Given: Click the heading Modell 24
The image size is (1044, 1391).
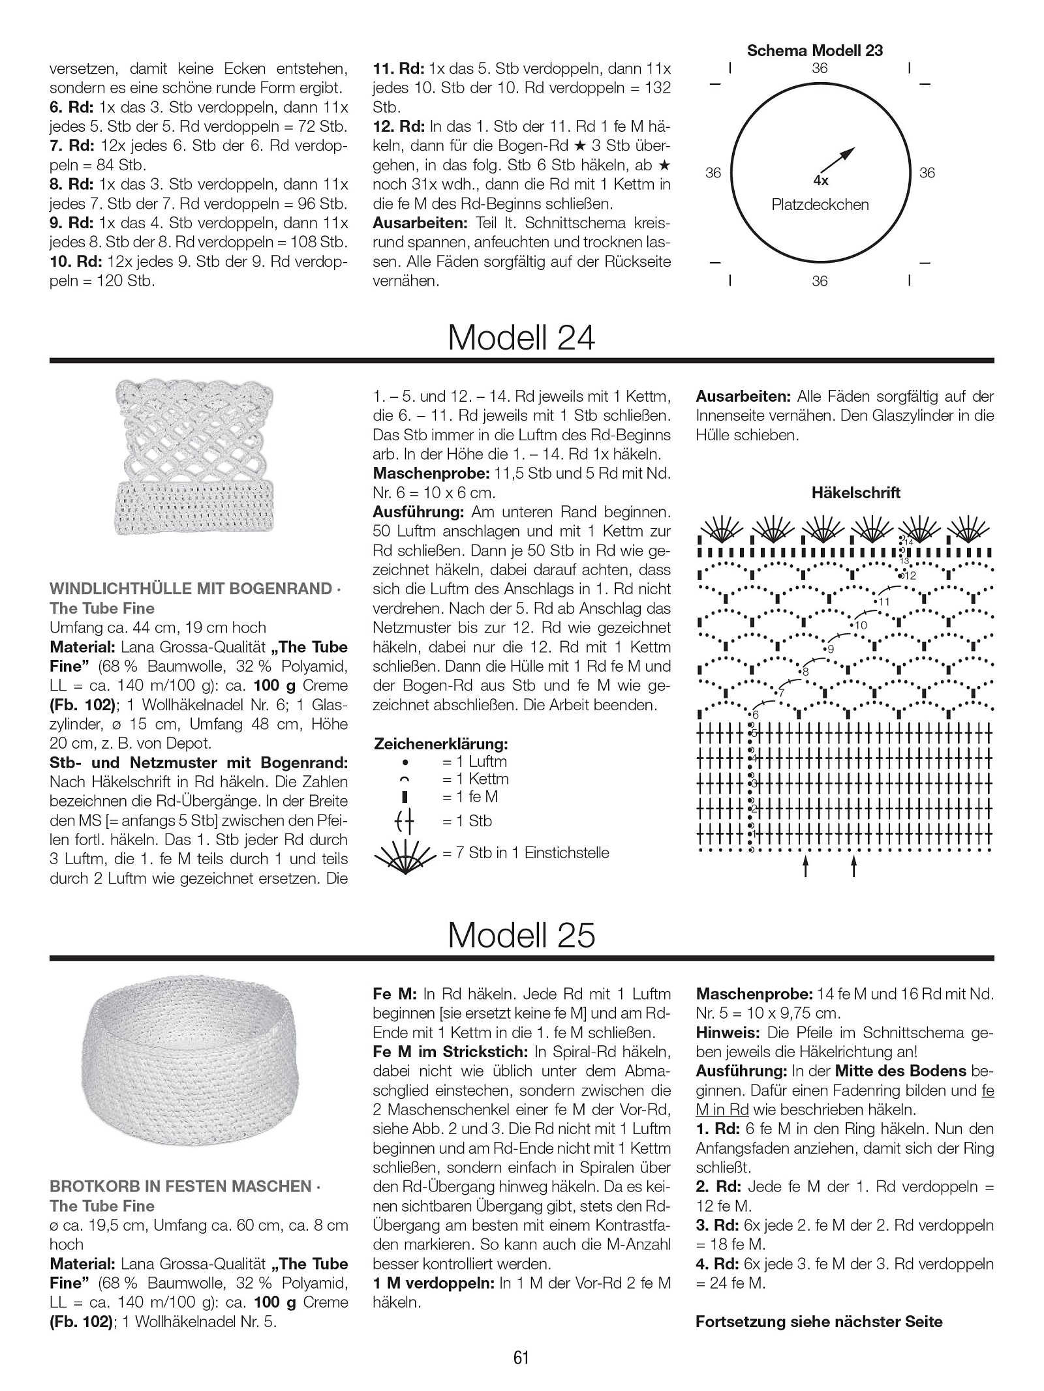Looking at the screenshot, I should pos(521,338).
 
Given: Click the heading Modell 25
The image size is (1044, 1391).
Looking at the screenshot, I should pos(521,935).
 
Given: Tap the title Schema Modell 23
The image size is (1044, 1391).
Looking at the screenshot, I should pos(815,51).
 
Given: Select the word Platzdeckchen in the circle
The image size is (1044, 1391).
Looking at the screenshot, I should pos(820,205).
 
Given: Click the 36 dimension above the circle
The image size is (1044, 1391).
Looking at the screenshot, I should pos(820,68).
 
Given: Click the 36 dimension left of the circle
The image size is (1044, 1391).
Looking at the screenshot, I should pos(713,173).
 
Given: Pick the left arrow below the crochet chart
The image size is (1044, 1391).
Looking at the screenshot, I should pos(806,866).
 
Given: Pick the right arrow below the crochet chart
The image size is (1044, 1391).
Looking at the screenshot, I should pos(854,866).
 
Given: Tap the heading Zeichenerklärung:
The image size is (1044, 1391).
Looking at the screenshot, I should pos(441,743).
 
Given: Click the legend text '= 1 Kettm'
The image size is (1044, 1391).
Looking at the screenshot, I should pos(474,779).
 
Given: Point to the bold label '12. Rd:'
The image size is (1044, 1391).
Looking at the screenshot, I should pos(397,127).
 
